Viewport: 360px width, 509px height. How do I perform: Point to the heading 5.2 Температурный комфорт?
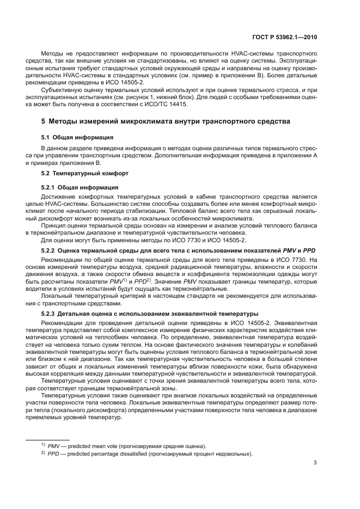(x=84, y=173)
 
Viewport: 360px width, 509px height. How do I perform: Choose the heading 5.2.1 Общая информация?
(x=80, y=187)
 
